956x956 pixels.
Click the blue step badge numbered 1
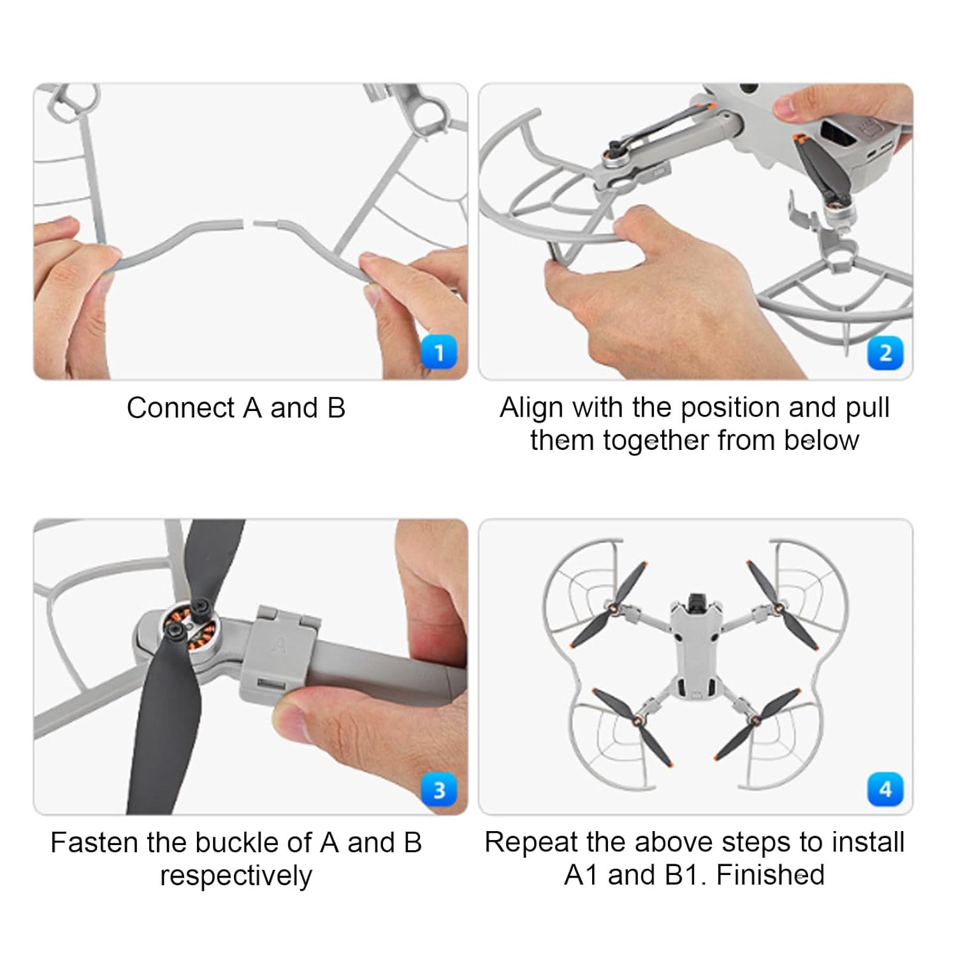click(x=439, y=352)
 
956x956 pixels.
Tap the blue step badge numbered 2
click(x=885, y=352)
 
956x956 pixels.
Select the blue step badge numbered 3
click(x=439, y=790)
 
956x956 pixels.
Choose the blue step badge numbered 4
click(x=885, y=789)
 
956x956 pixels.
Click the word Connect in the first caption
click(x=181, y=408)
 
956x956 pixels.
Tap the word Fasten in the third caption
click(x=94, y=843)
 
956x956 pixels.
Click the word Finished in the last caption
click(x=770, y=875)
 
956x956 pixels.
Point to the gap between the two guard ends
click(x=249, y=223)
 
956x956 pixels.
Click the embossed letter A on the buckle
click(x=279, y=644)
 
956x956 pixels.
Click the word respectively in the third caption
click(x=236, y=876)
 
